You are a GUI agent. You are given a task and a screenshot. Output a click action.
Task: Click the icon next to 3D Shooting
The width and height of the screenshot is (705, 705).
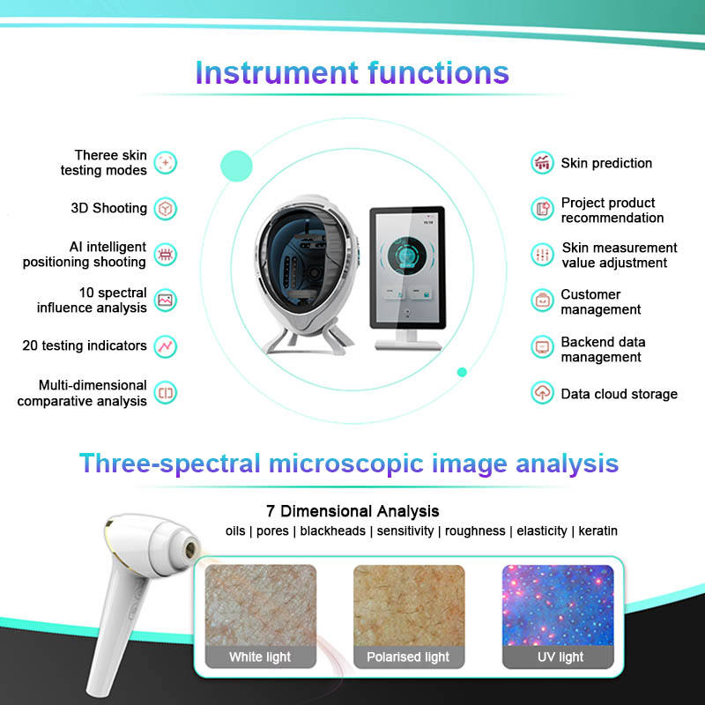166,209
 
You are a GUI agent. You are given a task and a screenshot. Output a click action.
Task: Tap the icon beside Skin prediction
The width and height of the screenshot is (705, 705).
542,162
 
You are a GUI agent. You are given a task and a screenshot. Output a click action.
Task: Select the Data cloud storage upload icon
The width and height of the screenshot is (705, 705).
542,392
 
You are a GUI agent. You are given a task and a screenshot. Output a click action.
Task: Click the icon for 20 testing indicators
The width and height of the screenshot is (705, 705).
166,346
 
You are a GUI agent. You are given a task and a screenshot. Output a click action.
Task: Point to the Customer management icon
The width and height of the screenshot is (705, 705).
542,301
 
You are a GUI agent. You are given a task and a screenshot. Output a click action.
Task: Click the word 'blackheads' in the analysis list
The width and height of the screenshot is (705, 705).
333,531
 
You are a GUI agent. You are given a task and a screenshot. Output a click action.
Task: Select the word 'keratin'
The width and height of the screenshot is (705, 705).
598,531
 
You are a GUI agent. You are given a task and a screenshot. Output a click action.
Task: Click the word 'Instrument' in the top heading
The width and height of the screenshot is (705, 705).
277,72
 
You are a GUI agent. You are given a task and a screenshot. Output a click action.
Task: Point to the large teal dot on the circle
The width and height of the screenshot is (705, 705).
236,166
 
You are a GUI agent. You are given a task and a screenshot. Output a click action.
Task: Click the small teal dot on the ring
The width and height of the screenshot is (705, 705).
462,372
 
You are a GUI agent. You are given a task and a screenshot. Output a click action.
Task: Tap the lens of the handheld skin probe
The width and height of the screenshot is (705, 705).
190,548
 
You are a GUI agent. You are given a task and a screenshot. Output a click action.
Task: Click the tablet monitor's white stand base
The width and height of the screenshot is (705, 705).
408,345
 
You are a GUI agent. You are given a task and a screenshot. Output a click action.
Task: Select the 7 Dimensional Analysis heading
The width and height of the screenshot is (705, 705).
352,511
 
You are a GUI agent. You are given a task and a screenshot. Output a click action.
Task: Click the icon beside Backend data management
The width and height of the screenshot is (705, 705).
542,347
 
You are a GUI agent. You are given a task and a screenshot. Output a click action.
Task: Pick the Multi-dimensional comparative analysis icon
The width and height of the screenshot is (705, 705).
166,393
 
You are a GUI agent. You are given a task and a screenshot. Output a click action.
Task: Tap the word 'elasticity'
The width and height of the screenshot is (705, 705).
542,531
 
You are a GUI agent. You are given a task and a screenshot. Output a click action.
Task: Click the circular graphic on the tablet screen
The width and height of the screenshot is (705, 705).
407,256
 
